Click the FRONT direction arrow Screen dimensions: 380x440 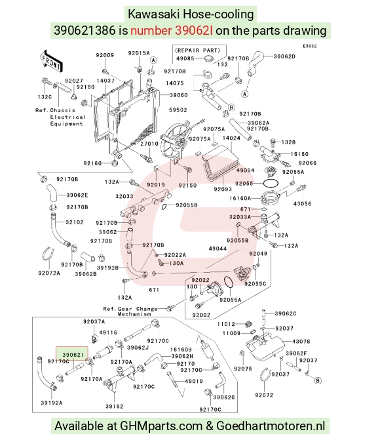[x=51, y=61]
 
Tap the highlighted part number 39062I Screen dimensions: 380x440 [x=73, y=355]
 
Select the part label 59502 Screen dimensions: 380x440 [x=178, y=110]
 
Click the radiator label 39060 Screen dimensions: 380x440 [x=179, y=95]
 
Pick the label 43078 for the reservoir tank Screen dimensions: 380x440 [x=301, y=342]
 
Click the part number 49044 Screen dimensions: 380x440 [x=218, y=249]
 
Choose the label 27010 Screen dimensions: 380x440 [x=149, y=144]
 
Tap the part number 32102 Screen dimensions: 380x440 [x=75, y=222]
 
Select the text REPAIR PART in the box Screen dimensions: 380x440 [x=197, y=50]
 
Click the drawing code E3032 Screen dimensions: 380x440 [x=310, y=46]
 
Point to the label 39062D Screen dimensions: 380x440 [x=284, y=56]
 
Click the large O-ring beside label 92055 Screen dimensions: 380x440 [x=271, y=183]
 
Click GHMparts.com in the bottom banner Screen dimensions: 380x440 [x=161, y=426]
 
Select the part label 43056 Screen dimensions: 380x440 [x=302, y=204]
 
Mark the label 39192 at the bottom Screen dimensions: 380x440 [x=115, y=406]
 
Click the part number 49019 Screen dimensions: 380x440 [x=194, y=381]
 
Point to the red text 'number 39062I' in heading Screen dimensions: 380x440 [x=172, y=30]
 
